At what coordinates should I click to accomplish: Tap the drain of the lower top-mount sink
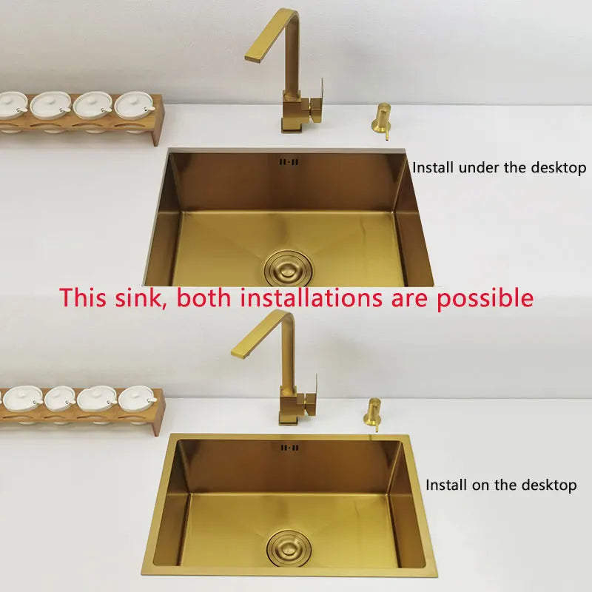point(291,545)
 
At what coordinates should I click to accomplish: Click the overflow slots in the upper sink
point(289,161)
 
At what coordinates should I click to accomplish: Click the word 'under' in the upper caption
point(480,167)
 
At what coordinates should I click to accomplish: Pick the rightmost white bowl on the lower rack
point(138,398)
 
